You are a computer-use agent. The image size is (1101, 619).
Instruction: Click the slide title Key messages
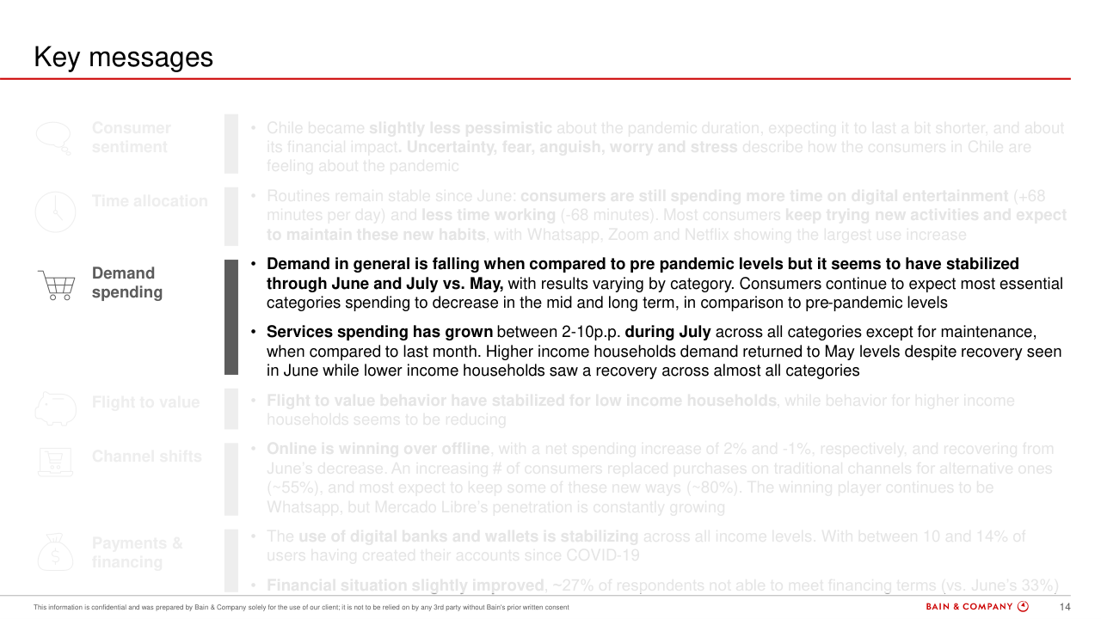tap(123, 57)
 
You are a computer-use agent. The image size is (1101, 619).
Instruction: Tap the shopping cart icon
tap(56, 284)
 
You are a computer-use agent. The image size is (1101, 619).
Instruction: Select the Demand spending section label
tap(126, 283)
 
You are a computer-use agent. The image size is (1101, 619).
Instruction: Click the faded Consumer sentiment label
tap(131, 138)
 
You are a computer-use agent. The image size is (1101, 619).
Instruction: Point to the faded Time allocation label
tap(150, 201)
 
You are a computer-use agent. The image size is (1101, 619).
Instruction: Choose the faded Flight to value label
tap(145, 402)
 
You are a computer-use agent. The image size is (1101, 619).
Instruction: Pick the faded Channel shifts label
tap(146, 457)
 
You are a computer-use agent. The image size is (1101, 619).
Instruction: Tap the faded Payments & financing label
tap(137, 553)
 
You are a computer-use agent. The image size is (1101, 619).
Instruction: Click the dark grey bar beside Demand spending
tap(231, 317)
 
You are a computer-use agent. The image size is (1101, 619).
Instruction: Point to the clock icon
tap(55, 210)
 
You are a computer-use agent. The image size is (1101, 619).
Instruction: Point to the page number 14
tap(1064, 607)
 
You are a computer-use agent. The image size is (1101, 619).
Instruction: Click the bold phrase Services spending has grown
tap(379, 332)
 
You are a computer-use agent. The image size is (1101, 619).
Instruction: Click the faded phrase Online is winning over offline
tap(378, 449)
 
